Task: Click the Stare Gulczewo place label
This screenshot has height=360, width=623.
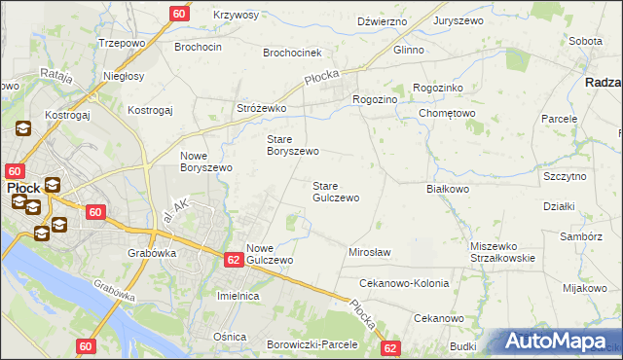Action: [336, 192]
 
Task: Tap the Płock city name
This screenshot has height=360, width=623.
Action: [23, 187]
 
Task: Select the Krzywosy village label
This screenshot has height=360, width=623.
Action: [237, 16]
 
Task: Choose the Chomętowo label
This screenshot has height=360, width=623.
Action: [446, 113]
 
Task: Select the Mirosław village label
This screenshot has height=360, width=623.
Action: [369, 252]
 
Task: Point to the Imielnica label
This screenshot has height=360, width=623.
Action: [238, 296]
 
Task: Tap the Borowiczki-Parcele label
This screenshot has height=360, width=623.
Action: [312, 344]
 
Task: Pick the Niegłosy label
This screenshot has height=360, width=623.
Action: [124, 75]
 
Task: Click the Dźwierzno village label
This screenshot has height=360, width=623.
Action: [381, 20]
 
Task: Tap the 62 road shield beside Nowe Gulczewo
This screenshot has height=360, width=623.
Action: [234, 260]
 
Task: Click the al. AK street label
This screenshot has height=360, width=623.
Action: [178, 207]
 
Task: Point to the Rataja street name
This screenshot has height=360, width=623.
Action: [56, 74]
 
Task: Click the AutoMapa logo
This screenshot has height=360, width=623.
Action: [561, 342]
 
